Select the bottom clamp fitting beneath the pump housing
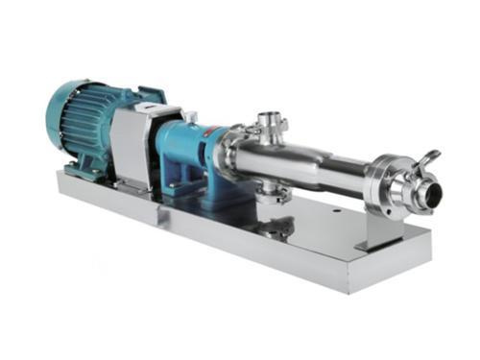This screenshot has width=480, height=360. pyautogui.click(x=278, y=228)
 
